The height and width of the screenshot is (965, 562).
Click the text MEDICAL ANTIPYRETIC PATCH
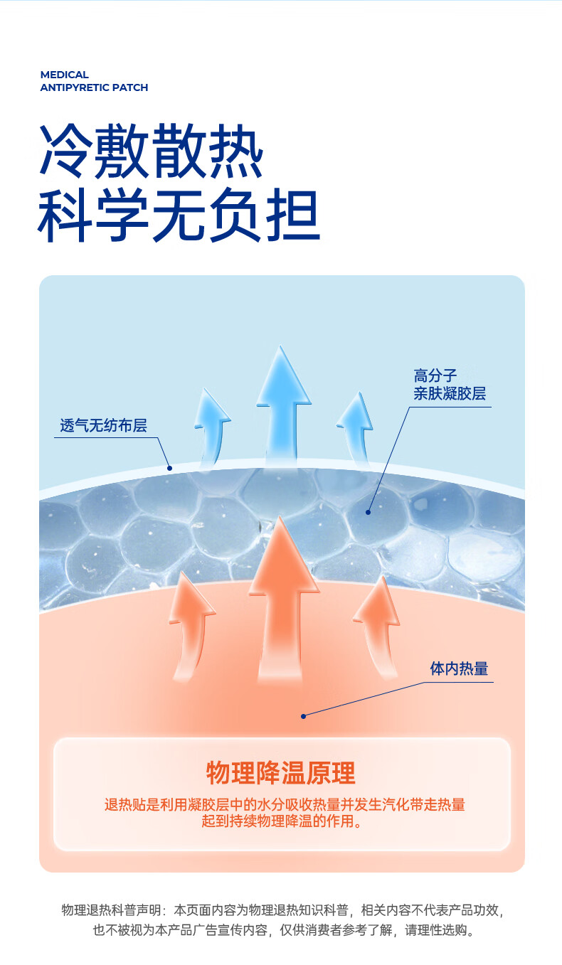coord(94,81)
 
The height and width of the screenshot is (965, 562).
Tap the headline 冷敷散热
coord(152,151)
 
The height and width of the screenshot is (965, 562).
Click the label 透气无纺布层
coord(103,426)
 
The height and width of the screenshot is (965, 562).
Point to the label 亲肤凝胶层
coord(450,394)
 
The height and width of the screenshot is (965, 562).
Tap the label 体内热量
coord(459,668)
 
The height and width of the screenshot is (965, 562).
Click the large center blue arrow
coord(283,405)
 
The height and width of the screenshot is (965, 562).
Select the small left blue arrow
coord(211,427)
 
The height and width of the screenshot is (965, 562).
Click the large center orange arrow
coord(282,597)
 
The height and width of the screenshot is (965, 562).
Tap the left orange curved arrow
coord(190,626)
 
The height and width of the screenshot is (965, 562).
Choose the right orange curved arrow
coord(378,626)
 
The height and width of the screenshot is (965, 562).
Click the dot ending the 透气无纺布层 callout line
coord(170,467)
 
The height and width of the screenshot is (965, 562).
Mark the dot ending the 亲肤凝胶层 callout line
coord(369,511)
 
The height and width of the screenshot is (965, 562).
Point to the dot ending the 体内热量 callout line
coord(303,716)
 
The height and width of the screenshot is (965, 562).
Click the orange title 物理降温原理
coord(280,772)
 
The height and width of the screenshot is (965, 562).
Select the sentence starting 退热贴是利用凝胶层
coord(285,805)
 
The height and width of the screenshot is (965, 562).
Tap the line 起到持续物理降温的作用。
coord(282,822)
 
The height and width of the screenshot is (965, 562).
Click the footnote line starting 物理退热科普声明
coord(283,910)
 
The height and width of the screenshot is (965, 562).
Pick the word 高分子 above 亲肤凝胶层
coord(435,375)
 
